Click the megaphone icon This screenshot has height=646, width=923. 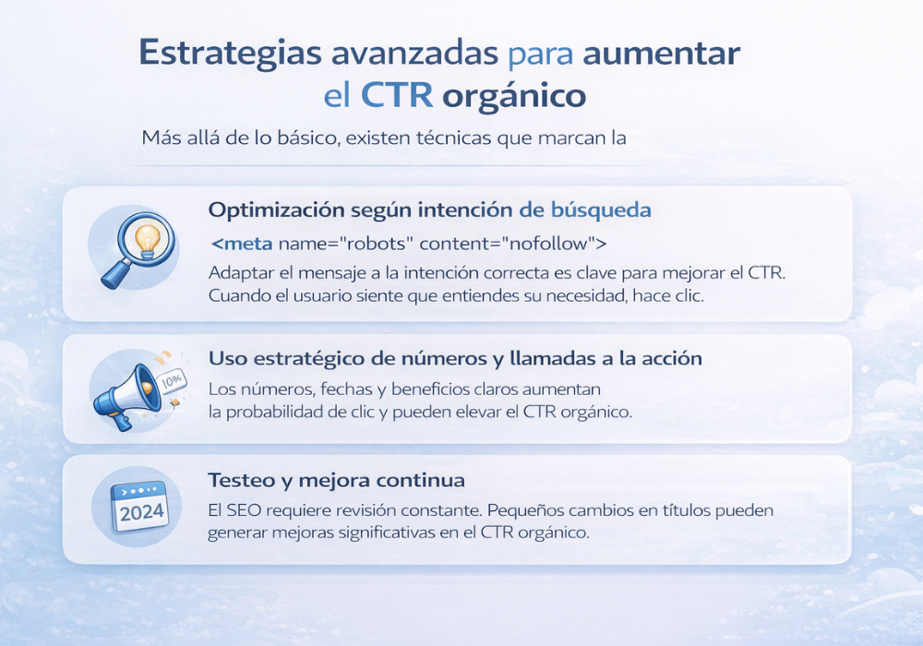(130, 389)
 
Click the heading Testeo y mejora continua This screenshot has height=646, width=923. (336, 481)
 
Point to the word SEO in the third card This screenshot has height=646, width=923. (249, 510)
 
